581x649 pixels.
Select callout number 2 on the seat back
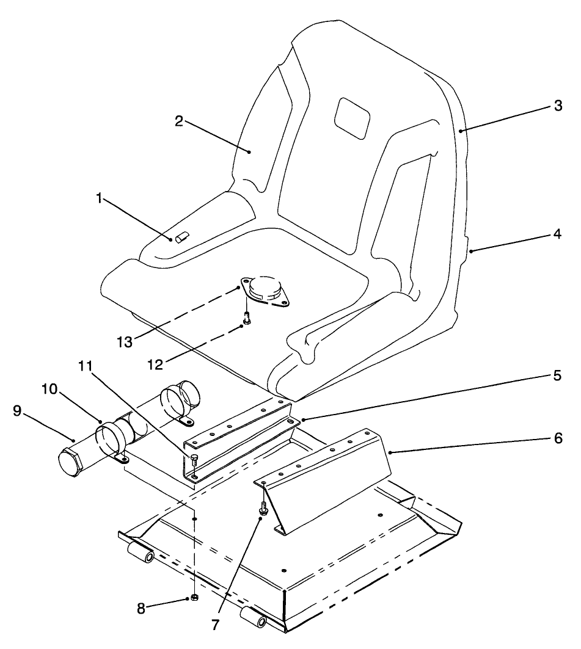point(179,121)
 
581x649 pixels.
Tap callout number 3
point(557,105)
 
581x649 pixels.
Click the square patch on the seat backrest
point(353,117)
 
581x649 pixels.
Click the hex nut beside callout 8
point(194,596)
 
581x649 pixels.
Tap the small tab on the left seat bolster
point(181,237)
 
